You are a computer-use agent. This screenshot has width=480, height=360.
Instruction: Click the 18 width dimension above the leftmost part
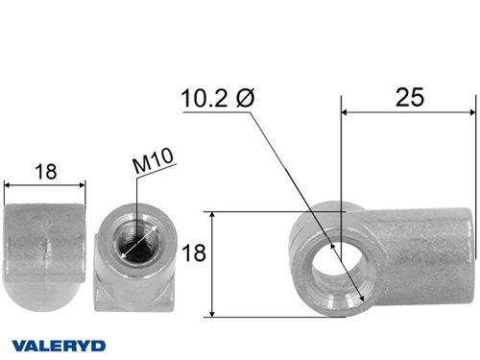click(x=44, y=172)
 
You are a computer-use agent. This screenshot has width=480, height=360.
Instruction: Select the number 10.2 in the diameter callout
click(x=204, y=98)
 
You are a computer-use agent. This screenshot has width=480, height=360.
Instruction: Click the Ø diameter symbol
click(x=243, y=98)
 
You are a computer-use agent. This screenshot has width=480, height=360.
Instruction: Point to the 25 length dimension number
click(x=409, y=97)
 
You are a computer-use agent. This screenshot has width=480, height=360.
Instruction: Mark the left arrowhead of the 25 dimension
click(x=347, y=112)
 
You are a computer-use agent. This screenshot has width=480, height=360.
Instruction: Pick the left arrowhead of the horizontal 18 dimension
click(x=9, y=185)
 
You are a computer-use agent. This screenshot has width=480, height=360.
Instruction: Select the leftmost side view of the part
click(x=45, y=248)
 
